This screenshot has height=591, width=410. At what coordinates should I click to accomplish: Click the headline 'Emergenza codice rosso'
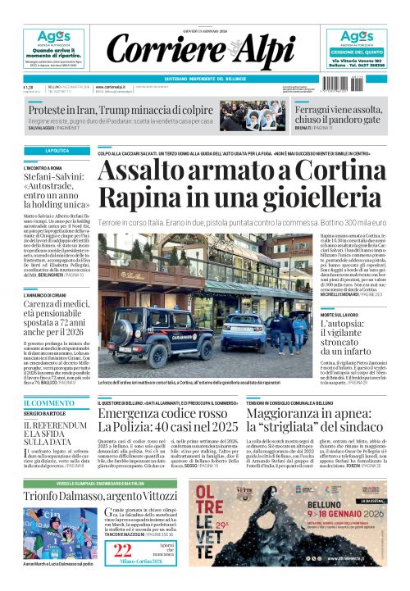pos(156,416)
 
